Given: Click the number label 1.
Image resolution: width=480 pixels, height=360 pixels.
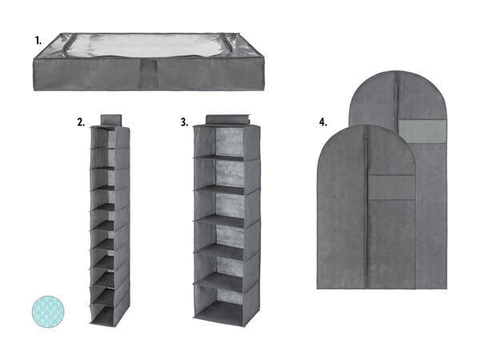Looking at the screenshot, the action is pos(38,41).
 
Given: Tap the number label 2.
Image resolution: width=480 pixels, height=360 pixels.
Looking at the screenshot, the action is pos(81,122).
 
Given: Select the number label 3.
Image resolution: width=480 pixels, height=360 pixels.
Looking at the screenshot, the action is pos(184,122).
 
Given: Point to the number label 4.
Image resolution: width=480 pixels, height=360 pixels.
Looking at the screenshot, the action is pos(323,122).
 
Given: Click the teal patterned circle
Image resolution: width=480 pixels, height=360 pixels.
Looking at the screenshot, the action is pos(48,312).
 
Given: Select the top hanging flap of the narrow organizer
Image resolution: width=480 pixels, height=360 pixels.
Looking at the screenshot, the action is pos(111,120).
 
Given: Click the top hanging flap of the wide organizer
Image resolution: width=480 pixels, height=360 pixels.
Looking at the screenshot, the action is pos(228,120).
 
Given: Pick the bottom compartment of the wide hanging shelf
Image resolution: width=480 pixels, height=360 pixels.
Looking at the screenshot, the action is pos(226,303).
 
